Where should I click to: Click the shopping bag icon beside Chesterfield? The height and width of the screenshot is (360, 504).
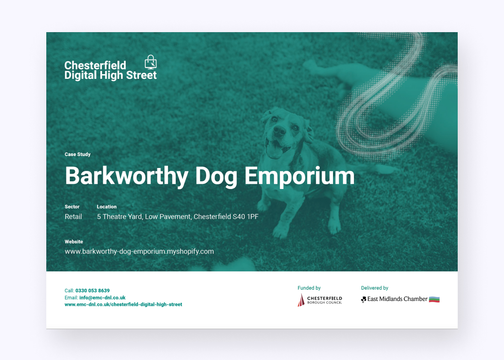(150, 62)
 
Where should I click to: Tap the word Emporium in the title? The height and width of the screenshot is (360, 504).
(300, 176)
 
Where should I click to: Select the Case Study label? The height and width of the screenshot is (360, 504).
(78, 154)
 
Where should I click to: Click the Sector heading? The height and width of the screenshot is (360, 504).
(72, 207)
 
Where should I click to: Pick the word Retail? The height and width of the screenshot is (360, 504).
(73, 217)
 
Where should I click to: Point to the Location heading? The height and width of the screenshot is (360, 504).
(107, 207)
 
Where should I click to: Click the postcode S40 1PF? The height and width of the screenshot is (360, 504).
(246, 217)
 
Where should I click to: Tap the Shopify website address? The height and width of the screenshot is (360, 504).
(139, 251)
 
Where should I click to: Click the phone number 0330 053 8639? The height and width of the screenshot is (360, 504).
(93, 291)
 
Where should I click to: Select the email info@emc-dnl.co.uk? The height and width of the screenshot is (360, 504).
(102, 297)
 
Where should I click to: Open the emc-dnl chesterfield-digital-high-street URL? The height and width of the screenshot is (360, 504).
(123, 304)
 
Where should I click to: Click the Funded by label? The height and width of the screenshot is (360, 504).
(309, 288)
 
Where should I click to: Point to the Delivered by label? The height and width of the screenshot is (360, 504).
(375, 288)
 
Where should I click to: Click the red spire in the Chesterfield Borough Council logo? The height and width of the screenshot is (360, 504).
(301, 300)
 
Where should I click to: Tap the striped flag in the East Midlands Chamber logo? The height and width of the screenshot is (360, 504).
(434, 299)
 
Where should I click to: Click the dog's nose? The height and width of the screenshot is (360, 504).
(279, 130)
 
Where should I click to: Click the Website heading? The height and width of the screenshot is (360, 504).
(74, 242)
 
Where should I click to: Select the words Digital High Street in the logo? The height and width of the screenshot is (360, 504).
(111, 75)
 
